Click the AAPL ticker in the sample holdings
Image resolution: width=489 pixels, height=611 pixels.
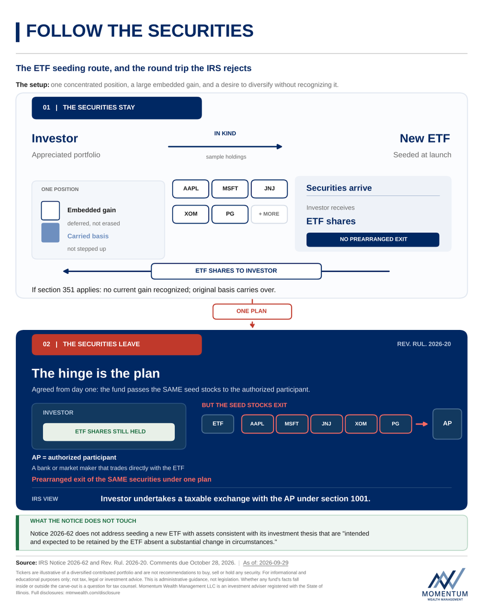[191, 188]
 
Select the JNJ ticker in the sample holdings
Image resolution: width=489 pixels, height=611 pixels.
[269, 188]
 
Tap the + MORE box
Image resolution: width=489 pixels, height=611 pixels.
[269, 214]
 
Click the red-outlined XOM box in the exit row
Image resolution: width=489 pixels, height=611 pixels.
[361, 424]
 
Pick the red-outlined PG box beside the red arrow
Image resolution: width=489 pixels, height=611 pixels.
[395, 424]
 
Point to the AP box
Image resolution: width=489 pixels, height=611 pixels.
[447, 424]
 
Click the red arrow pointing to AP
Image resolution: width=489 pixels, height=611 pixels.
[422, 424]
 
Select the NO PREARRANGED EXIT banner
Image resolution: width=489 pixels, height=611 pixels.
[372, 239]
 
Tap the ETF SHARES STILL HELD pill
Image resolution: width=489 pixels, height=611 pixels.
[109, 432]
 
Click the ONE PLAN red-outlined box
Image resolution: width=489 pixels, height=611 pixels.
[252, 311]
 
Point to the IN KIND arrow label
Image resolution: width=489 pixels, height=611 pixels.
[225, 133]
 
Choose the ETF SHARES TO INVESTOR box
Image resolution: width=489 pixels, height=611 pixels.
[236, 271]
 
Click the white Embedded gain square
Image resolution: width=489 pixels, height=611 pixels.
[50, 211]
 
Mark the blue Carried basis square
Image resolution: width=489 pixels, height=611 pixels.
[50, 233]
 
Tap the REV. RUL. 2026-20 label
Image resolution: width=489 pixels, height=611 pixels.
[424, 344]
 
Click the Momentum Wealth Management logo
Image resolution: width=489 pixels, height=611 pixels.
[445, 584]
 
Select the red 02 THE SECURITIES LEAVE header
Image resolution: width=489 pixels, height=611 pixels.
[117, 344]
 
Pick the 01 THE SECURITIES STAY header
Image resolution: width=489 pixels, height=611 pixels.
[117, 108]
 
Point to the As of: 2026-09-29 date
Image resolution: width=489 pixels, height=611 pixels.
[266, 563]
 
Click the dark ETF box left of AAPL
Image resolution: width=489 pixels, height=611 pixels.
[218, 424]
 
